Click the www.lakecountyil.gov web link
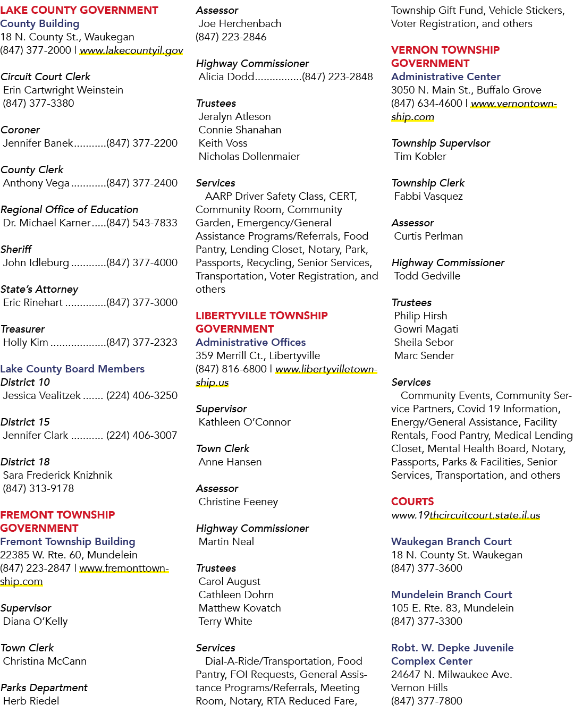[x=131, y=50]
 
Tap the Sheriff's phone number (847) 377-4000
[x=142, y=263]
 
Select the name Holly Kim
[x=26, y=342]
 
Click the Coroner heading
[x=20, y=130]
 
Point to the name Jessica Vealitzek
[x=42, y=395]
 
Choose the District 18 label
[x=25, y=462]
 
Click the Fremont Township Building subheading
[x=67, y=541]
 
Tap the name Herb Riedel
[x=31, y=701]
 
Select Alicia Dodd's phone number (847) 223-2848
[x=337, y=77]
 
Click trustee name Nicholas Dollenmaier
[x=249, y=156]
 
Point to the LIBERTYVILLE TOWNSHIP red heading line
[x=261, y=316]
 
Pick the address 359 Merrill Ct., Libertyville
[x=258, y=355]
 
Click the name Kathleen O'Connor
[x=244, y=422]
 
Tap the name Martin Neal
[x=226, y=541]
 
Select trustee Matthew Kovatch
[x=240, y=608]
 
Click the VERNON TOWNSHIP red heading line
[x=445, y=50]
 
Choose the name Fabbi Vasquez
[x=428, y=197]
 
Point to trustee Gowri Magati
[x=426, y=329]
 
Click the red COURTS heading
[x=412, y=502]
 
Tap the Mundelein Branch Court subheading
[x=451, y=595]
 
